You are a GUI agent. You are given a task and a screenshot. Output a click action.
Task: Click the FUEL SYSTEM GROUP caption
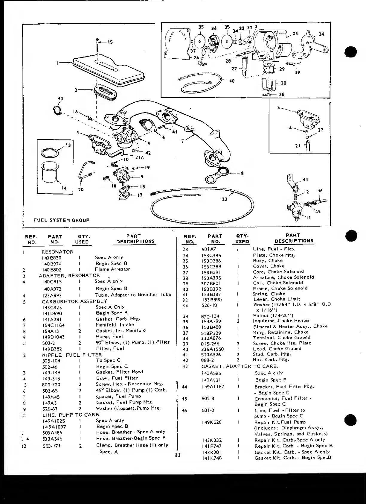[x=61, y=220]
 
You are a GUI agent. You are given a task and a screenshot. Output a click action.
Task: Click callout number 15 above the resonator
[x=110, y=42]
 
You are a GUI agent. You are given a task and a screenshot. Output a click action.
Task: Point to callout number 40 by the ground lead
[x=232, y=81]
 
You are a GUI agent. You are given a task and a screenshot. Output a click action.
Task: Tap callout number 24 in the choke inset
[x=321, y=34]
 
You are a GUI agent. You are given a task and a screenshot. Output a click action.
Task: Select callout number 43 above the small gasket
[x=60, y=99]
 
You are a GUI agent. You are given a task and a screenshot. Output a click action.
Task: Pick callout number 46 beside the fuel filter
[x=320, y=190]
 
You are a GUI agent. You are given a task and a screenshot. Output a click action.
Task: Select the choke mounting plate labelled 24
[x=312, y=45]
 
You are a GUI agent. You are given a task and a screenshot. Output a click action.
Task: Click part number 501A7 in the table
[x=209, y=249]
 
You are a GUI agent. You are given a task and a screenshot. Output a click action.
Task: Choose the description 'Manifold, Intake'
[x=115, y=325]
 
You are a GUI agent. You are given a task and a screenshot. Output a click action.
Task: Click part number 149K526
[x=211, y=422]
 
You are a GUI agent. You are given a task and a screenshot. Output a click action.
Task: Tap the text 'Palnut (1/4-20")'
[x=273, y=315]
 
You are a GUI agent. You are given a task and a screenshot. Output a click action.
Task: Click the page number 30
[x=177, y=455]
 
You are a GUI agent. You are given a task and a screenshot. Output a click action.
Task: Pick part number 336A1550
[x=212, y=349]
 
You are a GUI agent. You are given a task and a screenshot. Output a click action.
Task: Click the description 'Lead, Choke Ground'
[x=277, y=349]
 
